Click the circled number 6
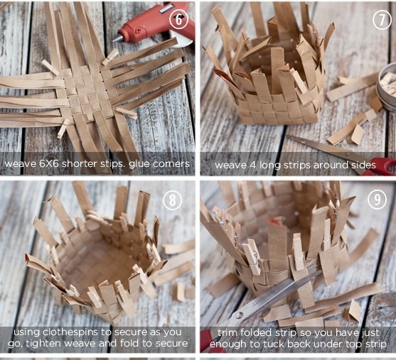click(179, 19)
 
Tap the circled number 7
click(382, 20)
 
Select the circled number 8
click(173, 200)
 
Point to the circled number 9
click(377, 200)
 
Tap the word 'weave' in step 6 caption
click(20, 164)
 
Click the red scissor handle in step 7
click(381, 166)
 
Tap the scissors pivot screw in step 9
click(239, 315)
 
